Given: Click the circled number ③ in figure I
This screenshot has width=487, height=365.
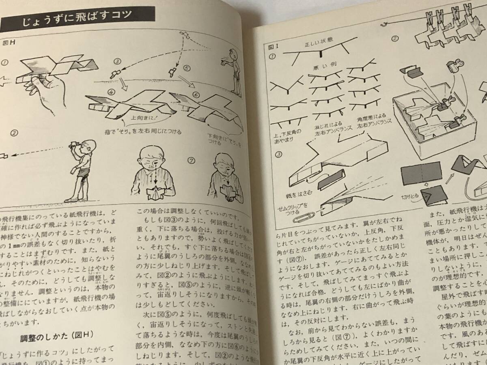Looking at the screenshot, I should click(278, 155).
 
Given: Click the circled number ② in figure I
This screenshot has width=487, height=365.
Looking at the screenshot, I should click(394, 40).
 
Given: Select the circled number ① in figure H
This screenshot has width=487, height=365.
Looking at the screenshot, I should click(5, 62).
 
